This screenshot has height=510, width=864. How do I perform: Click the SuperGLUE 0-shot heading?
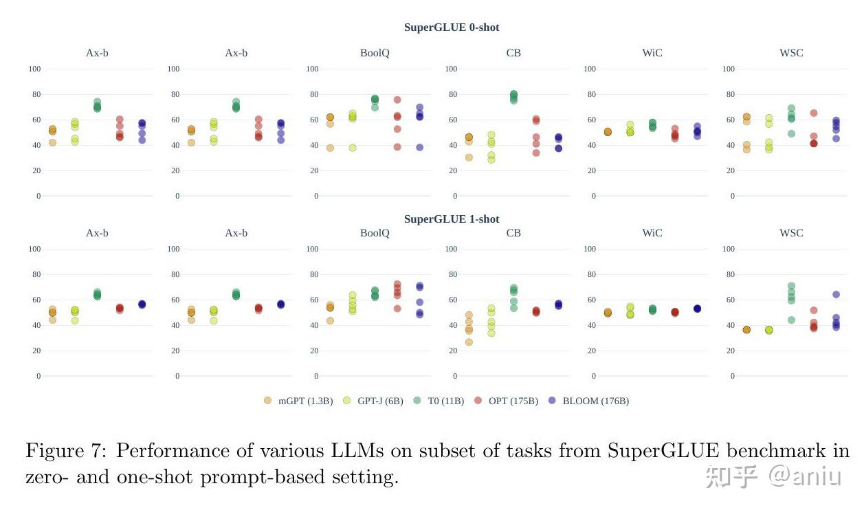[x=451, y=27]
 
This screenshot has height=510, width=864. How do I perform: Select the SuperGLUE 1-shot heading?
[x=451, y=219]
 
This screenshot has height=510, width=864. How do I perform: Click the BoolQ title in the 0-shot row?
[x=375, y=53]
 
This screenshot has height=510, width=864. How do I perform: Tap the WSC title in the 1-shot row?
[x=791, y=233]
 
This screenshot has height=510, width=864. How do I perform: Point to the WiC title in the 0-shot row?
[x=652, y=53]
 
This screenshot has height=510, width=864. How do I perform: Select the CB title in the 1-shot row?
[x=513, y=233]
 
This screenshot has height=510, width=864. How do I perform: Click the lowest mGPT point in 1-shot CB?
[x=469, y=342]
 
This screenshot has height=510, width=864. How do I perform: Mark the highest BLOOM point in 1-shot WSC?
[x=836, y=294]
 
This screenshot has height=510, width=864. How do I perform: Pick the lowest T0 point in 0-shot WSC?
[x=791, y=134]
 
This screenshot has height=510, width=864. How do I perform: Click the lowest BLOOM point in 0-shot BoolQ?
[x=419, y=147]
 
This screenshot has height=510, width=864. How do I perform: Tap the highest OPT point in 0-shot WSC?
[x=814, y=113]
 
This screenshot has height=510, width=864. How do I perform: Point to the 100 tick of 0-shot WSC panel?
[x=729, y=69]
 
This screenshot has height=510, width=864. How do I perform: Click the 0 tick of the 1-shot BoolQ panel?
[x=318, y=376]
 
